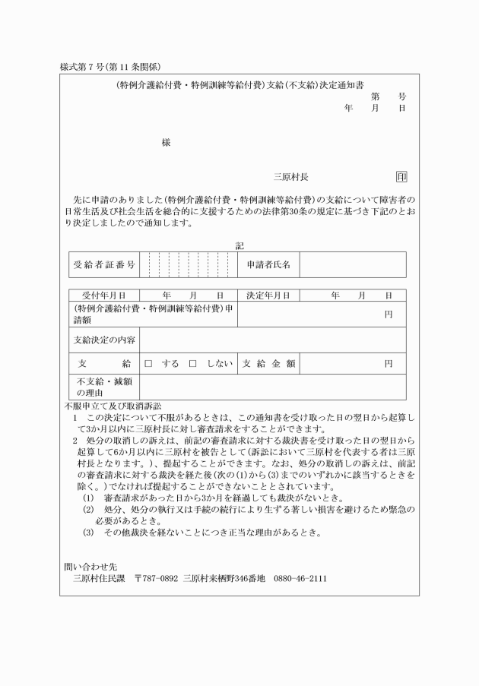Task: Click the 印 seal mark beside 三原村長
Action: tap(401, 177)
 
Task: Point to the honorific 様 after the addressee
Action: tap(166, 142)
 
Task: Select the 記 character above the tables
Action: tap(239, 246)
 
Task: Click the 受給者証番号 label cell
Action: tap(105, 265)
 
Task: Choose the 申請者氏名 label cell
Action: tap(268, 265)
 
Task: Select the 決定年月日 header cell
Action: tap(268, 295)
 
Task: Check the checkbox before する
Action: tap(149, 364)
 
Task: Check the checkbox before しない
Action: tap(192, 364)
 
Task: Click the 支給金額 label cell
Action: tap(268, 364)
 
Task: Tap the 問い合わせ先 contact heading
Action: tap(90, 567)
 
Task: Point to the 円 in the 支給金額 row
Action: tap(388, 364)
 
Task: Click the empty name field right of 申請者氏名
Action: tap(352, 265)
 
